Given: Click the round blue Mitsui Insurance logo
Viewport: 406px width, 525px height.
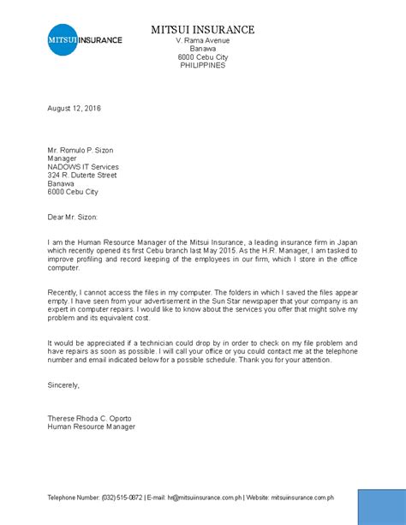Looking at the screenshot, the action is [63, 40].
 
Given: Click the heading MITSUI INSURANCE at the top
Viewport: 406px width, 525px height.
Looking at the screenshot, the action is [202, 30].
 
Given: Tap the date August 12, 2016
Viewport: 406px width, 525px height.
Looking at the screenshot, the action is [74, 109].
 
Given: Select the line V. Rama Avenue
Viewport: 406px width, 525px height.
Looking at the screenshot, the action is [202, 41].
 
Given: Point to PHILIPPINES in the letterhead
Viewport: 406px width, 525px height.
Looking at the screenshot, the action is [202, 65].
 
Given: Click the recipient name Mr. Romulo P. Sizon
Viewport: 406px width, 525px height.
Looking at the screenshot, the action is [80, 150].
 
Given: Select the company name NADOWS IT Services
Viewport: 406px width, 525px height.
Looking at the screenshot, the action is [83, 167].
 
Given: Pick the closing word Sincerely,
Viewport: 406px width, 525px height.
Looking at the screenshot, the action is [63, 385].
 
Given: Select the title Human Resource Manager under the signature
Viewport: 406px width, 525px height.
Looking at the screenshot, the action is [91, 427].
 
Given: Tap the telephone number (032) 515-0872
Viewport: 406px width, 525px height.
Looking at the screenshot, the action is [122, 498].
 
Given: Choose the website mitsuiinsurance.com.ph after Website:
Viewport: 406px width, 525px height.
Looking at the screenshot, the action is [302, 498].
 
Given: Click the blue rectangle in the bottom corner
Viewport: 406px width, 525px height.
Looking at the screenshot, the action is [380, 506].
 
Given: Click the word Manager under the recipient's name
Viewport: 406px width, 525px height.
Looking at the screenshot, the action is [62, 158].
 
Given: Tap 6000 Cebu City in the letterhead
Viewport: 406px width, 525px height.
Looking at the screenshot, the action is [202, 57].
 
